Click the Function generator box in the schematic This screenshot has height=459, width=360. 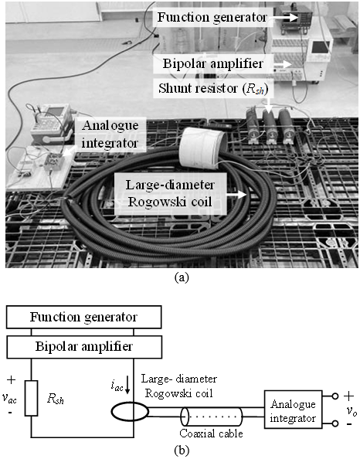click(83, 317)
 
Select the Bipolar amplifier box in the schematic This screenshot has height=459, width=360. click(84, 347)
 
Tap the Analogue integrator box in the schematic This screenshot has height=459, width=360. click(294, 410)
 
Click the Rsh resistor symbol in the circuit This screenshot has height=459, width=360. click(31, 398)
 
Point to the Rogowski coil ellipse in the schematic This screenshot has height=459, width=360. click(130, 411)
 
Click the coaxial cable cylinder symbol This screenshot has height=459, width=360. click(212, 416)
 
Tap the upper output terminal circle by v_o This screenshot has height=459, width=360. click(335, 396)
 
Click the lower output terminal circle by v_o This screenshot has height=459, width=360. click(335, 423)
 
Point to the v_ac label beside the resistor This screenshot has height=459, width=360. click(9, 398)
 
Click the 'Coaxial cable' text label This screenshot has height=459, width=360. click(212, 433)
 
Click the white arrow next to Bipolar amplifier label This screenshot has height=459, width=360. click(284, 64)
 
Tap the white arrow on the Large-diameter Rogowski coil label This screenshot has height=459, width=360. click(237, 195)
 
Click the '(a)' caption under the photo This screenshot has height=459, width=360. click(182, 277)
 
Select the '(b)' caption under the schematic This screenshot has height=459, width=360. click(182, 450)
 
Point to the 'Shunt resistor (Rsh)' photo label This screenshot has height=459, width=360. click(213, 88)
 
